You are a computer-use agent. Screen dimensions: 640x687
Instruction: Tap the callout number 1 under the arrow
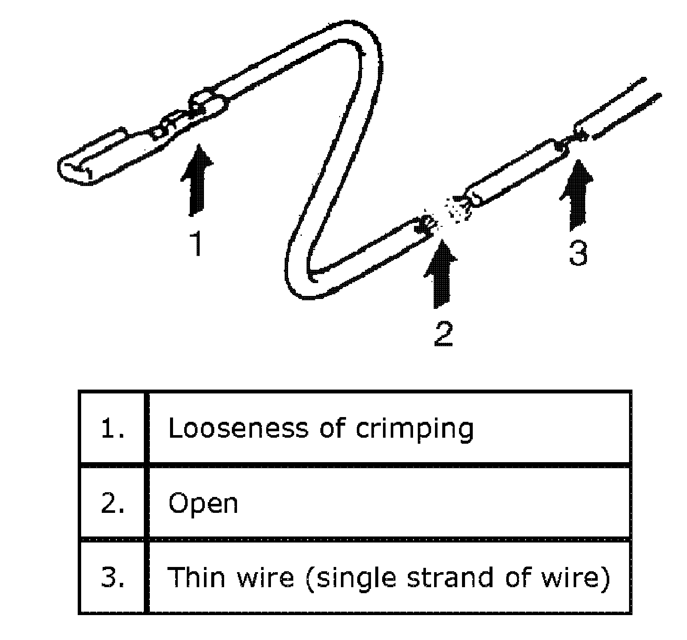click(197, 243)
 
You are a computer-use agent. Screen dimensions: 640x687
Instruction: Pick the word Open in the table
click(203, 503)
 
